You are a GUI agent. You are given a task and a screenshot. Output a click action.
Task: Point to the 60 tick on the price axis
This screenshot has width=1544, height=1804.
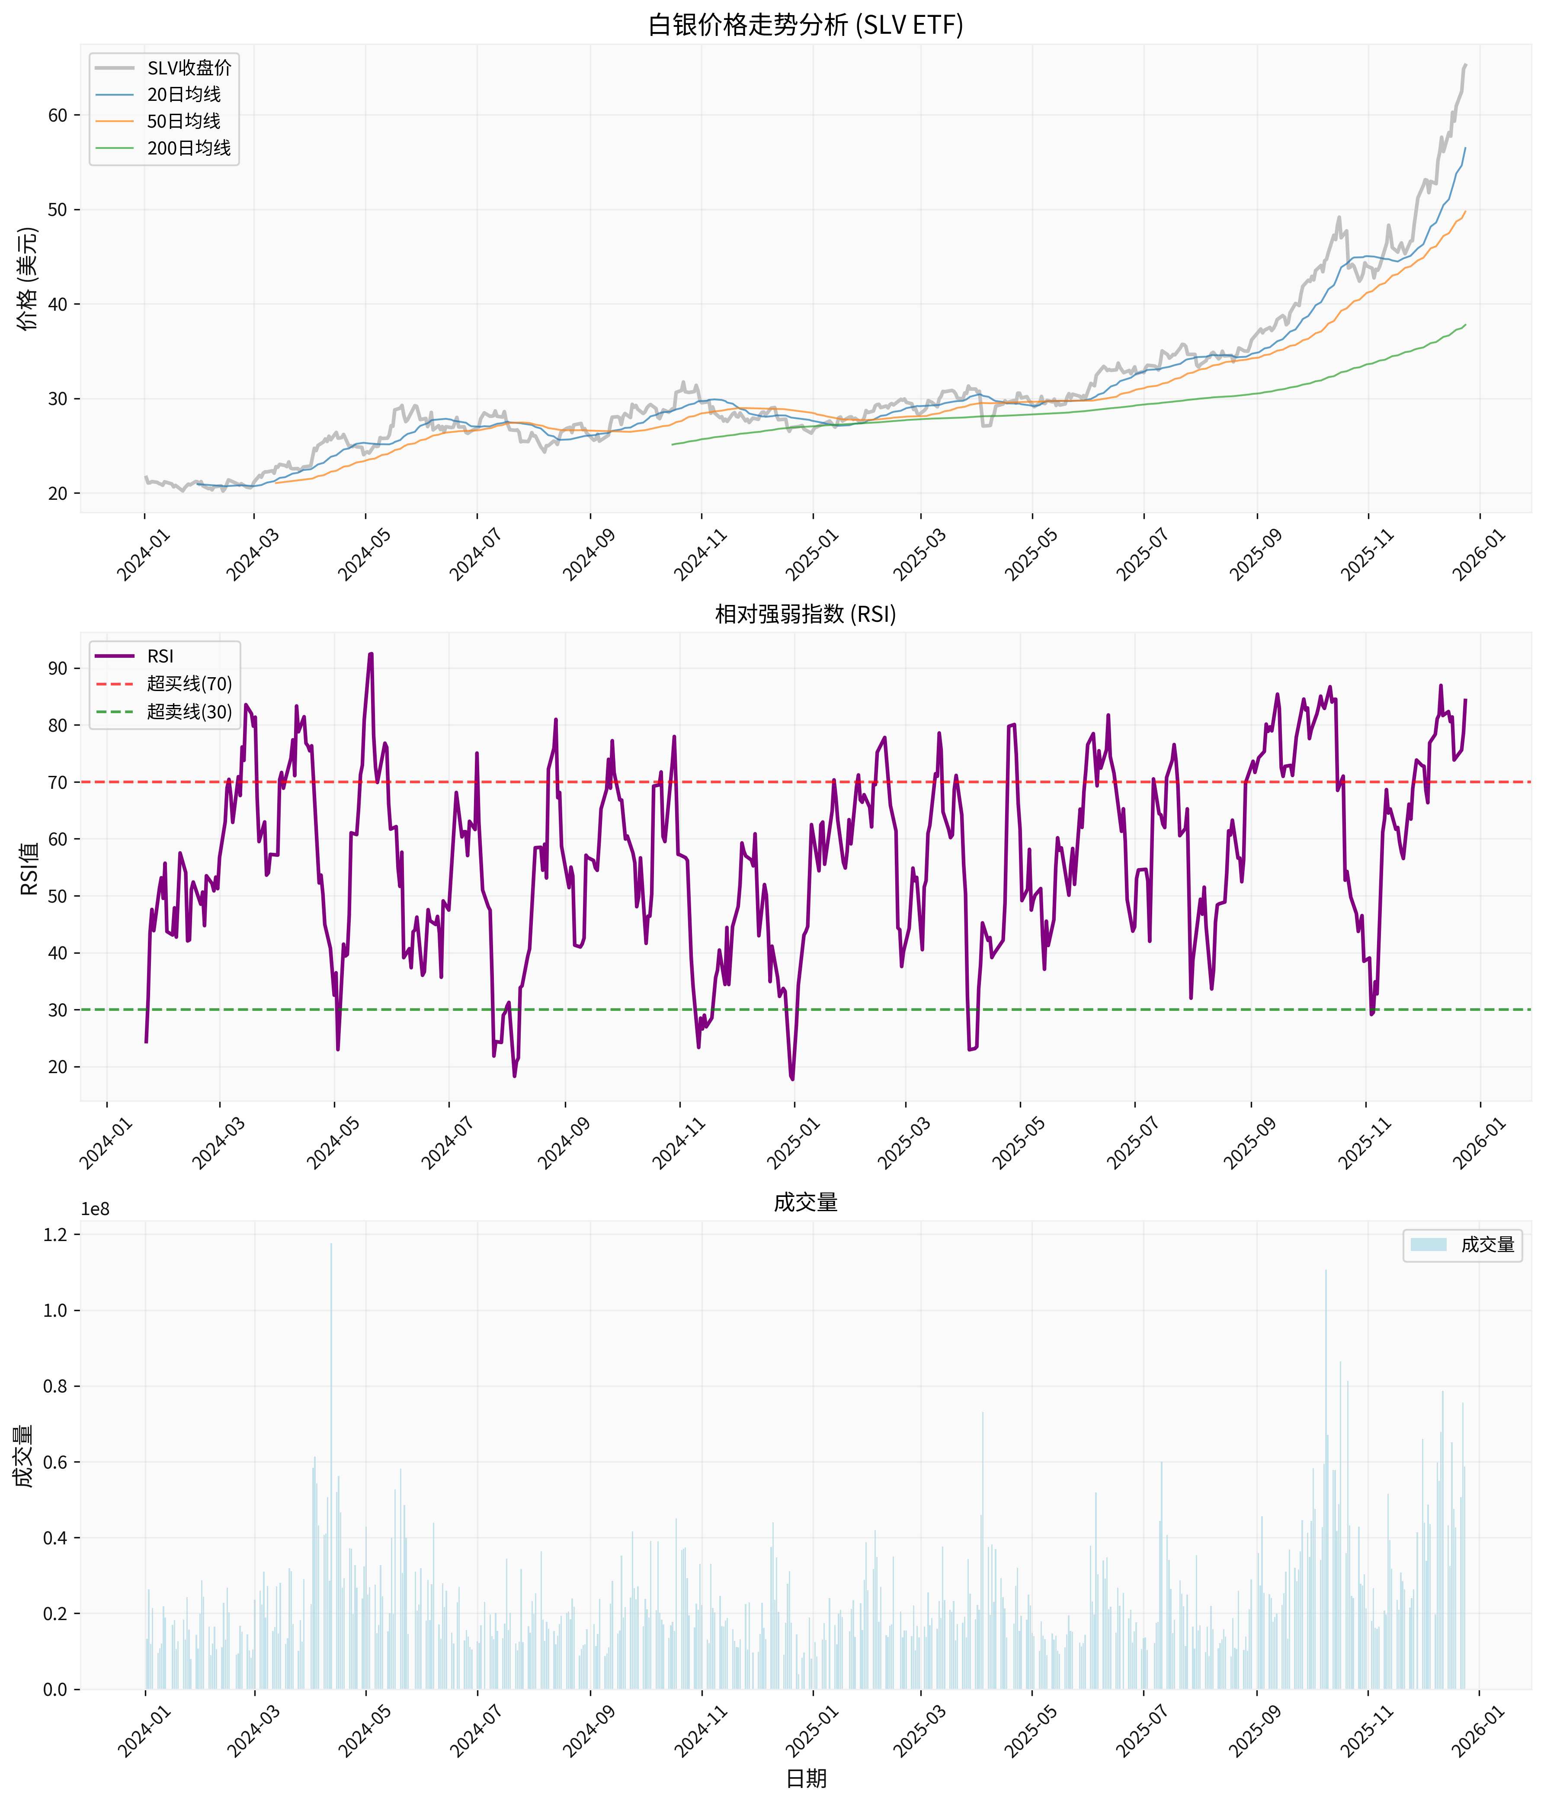pos(58,115)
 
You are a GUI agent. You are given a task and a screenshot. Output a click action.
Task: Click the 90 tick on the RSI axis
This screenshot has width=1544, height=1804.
pos(58,669)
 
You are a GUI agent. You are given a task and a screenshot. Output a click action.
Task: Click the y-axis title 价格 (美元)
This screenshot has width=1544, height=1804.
pos(28,279)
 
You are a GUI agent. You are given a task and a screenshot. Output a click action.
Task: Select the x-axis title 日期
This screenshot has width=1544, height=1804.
pos(806,1778)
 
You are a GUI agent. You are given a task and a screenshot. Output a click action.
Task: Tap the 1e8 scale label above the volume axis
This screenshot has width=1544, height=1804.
pos(96,1209)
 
